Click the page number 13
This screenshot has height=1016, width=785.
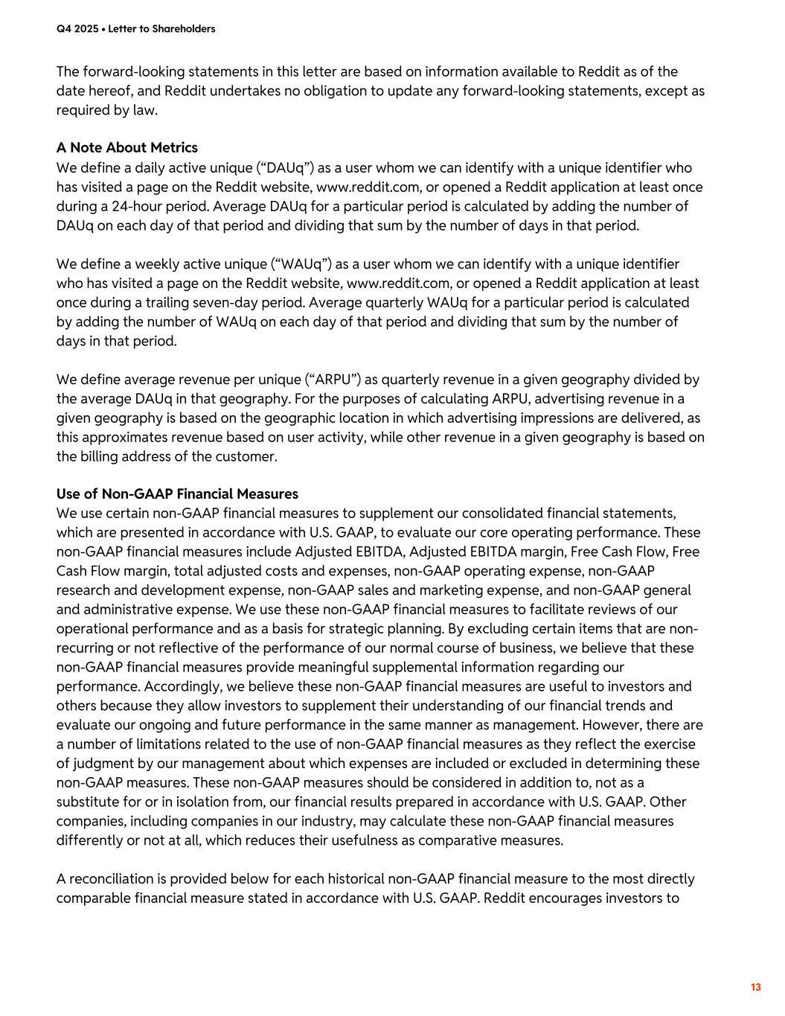755,988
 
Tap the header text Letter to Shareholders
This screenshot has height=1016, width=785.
161,29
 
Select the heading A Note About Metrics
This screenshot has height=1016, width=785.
127,147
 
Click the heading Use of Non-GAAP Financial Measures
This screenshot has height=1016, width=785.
177,494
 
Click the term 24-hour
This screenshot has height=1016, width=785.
136,206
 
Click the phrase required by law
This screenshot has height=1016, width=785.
107,111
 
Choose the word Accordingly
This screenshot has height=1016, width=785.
181,687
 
